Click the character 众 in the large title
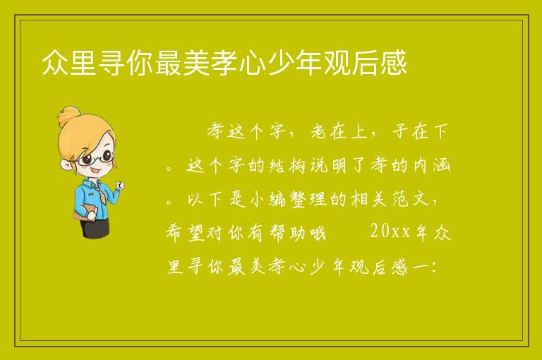pos(54,63)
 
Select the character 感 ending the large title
pos(394,63)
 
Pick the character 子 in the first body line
pos(401,132)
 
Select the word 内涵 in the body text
pos(432,166)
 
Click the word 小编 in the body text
pos(267,200)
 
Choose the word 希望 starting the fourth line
pos(186,233)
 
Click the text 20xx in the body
pos(390,232)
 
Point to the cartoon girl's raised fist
pos(120,186)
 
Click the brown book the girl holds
pos(84,212)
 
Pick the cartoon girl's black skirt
pos(95,227)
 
